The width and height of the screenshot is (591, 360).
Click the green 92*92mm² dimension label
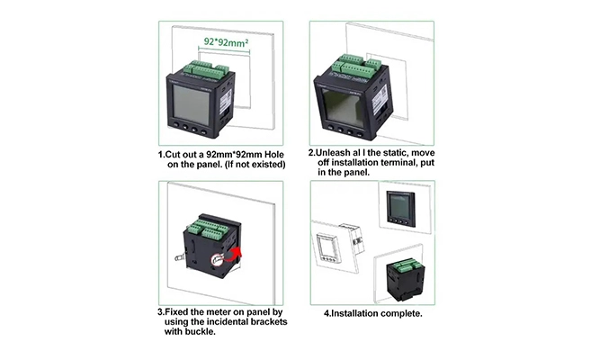click(x=226, y=41)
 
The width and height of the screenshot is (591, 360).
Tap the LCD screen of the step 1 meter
click(x=191, y=104)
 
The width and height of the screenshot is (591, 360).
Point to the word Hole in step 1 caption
click(x=274, y=155)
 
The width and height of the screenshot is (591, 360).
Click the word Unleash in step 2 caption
click(x=332, y=153)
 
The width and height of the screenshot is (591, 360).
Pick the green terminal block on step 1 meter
click(x=206, y=69)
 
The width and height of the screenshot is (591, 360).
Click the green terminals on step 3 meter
click(x=209, y=229)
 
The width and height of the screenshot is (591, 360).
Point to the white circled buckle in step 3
click(x=217, y=260)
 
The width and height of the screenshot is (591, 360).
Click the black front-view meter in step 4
click(x=400, y=209)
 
